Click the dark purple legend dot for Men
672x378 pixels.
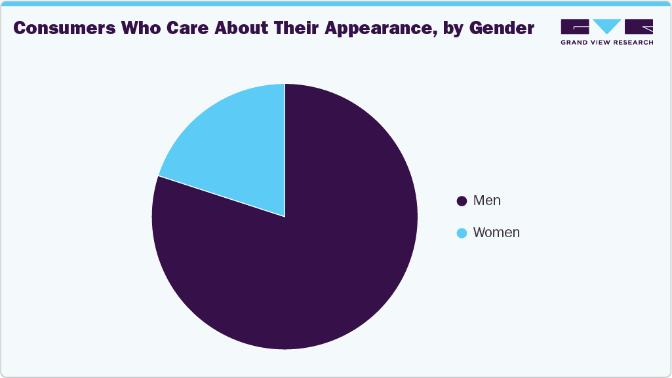(x=462, y=201)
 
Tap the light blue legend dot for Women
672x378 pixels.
(x=462, y=233)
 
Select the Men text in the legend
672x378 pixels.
(x=486, y=201)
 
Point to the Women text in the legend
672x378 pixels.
(x=496, y=233)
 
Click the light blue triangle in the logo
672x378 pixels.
(x=607, y=26)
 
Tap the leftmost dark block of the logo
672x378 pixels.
(x=575, y=26)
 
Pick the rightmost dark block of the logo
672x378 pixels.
(x=639, y=26)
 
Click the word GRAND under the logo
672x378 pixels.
(x=576, y=42)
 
